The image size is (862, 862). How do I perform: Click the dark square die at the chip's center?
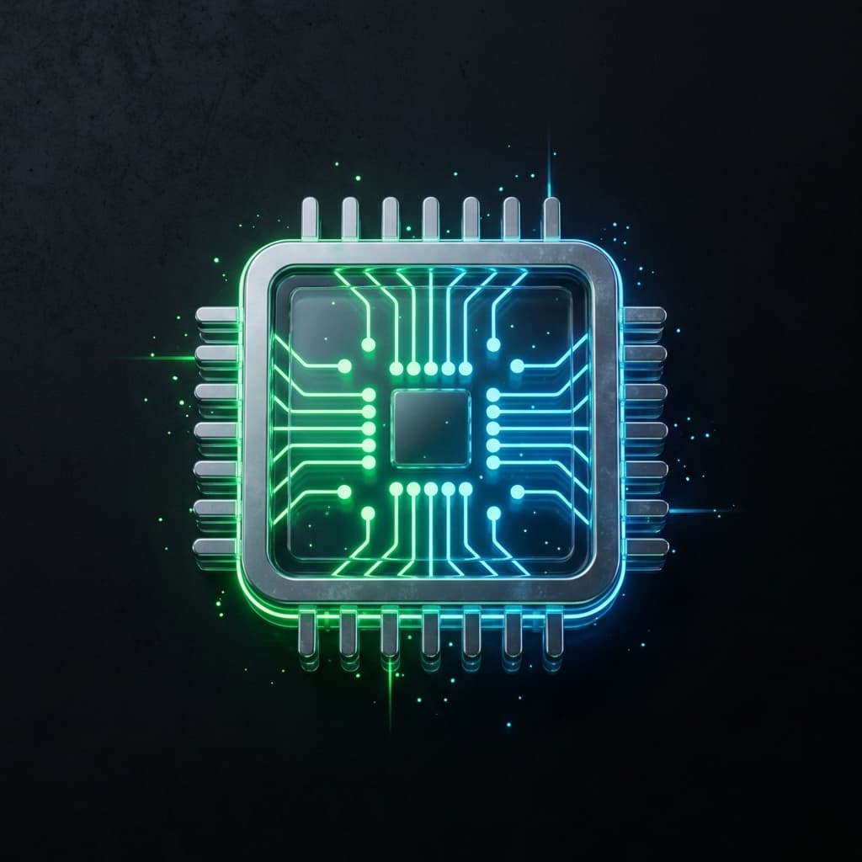point(431,427)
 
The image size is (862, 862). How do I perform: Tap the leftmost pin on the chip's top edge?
point(310,218)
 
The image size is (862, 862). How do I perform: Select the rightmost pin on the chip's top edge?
point(551,218)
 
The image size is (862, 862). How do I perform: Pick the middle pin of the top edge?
point(430,218)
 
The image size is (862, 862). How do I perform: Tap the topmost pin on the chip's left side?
point(216,316)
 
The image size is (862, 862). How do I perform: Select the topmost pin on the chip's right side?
point(645,315)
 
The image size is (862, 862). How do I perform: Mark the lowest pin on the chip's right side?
point(646,548)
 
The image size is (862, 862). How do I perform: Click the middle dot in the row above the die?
point(431,368)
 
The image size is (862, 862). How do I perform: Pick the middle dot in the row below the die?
point(431,488)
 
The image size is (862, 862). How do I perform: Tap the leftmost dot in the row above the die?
point(396,368)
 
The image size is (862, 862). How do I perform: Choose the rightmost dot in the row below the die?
point(466,488)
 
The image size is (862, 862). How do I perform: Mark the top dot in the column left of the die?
point(369,394)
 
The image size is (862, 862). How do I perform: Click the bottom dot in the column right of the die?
point(492,461)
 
